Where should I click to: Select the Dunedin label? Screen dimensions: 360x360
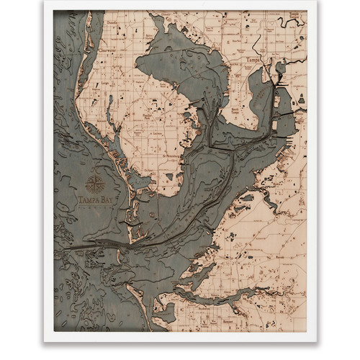(111, 23)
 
